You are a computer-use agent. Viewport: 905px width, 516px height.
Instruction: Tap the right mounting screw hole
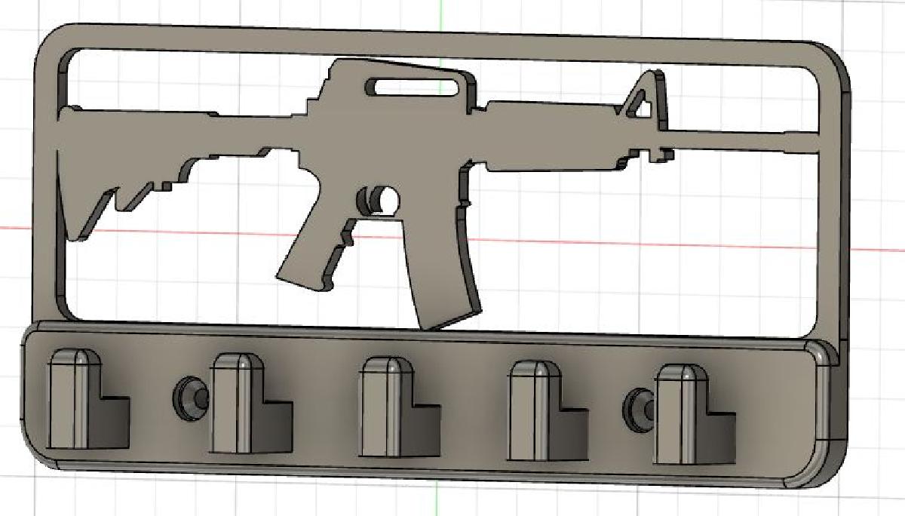(x=637, y=407)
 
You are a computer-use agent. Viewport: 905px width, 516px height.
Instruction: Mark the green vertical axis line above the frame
(x=441, y=11)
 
